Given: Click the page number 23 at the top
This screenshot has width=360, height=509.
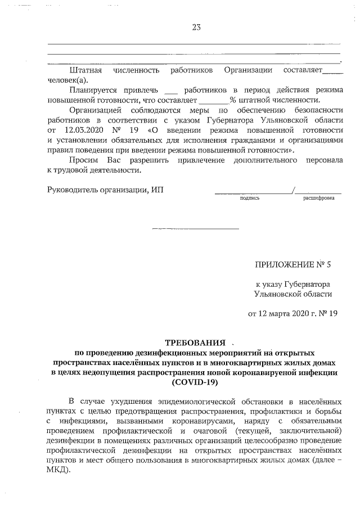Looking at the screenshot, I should (x=196, y=28).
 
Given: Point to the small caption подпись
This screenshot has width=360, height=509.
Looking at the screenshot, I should (x=249, y=198).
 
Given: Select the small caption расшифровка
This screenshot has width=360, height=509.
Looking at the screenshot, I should (x=318, y=198).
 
